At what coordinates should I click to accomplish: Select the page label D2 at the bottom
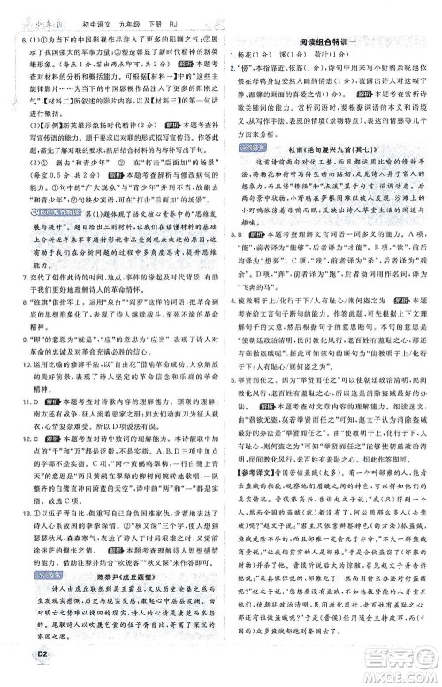pyautogui.click(x=15, y=676)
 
